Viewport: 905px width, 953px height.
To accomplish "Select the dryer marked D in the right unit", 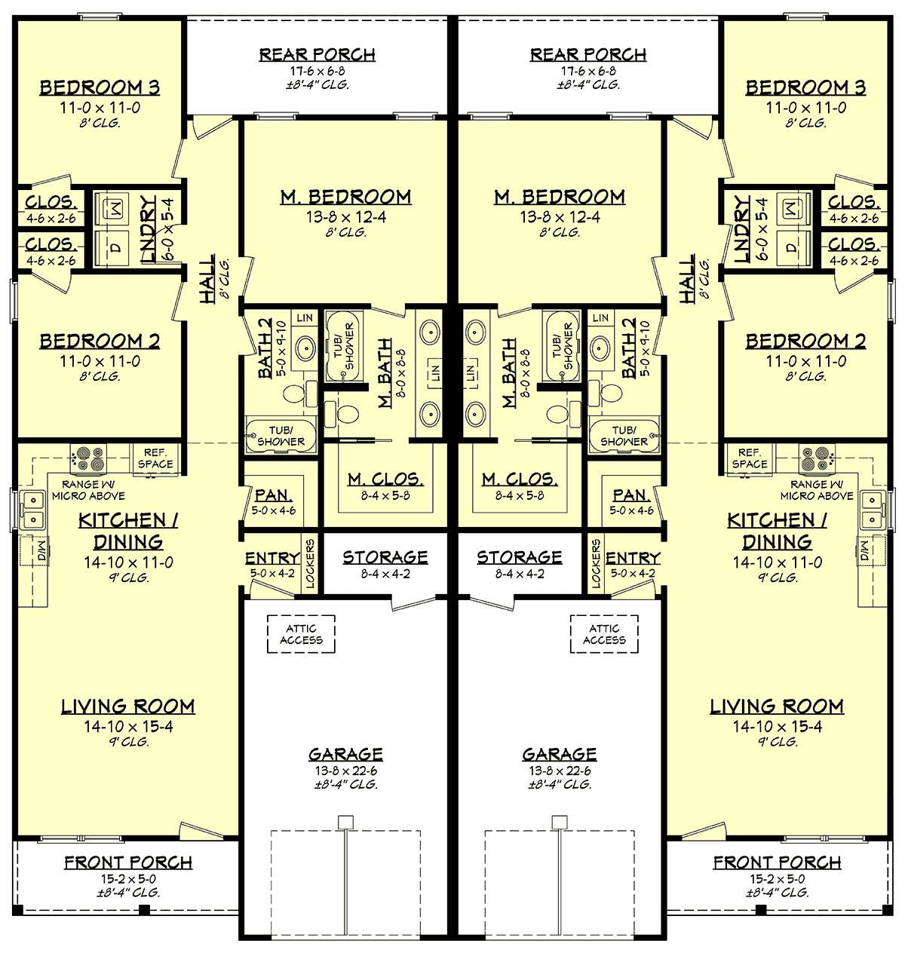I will coord(790,247).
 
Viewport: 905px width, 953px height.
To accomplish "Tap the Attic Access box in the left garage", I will coord(301,634).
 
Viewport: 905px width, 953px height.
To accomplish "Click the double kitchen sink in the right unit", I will coord(872,510).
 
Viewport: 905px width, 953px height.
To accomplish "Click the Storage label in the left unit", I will coord(385,557).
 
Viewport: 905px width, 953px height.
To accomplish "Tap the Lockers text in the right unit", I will coord(596,563).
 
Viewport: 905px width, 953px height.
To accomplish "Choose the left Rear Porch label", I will coord(318,55).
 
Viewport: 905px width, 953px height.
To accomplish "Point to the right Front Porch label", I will coord(777,863).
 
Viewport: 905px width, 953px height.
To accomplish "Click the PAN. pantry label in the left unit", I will coord(273,495).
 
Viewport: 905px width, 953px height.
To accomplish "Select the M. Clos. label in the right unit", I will coord(520,480).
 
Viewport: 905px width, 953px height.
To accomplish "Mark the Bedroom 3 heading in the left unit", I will coord(100,87).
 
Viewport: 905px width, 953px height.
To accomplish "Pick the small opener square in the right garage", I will coord(559,821).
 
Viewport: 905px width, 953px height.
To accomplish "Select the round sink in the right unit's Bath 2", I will coord(601,348).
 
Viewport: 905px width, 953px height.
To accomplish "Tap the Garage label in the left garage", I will coord(345,754).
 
